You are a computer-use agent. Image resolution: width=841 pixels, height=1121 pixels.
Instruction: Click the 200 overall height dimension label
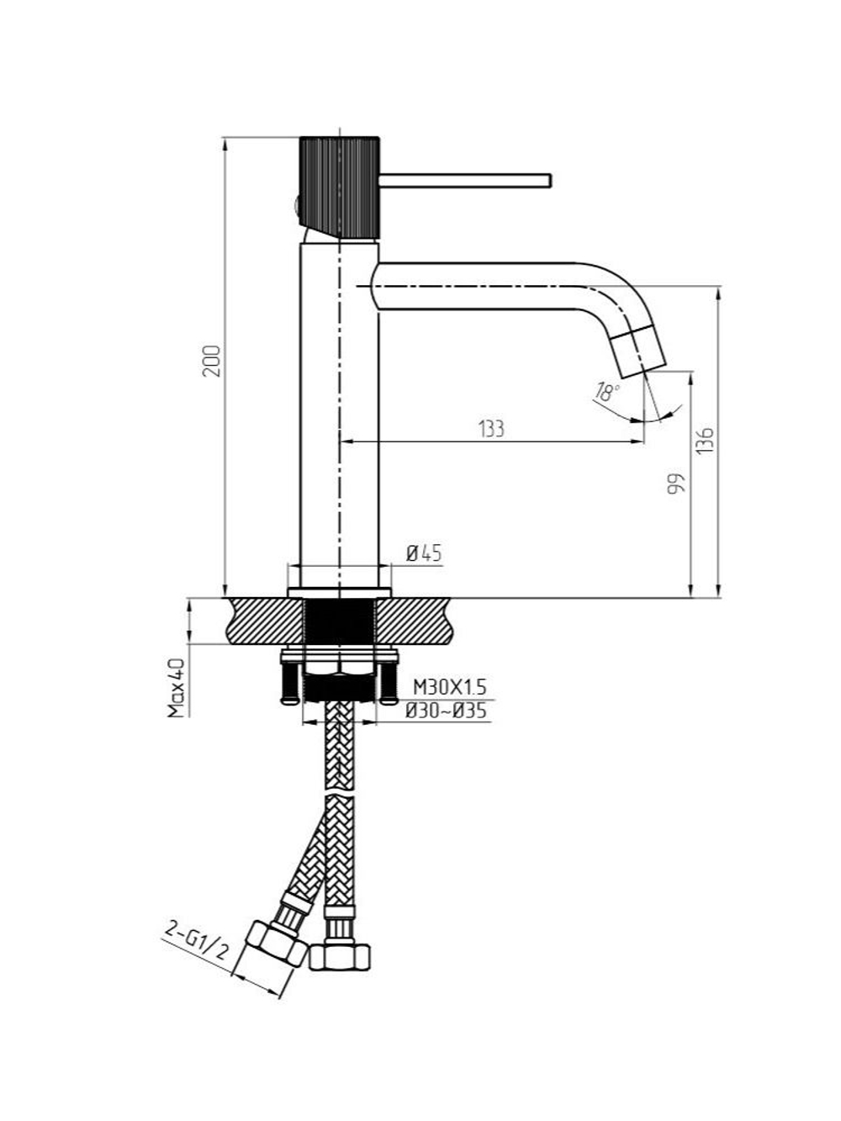pos(212,361)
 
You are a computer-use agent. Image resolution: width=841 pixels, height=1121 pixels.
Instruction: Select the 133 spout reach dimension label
pos(491,429)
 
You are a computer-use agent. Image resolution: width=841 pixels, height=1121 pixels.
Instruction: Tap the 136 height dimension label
pos(705,440)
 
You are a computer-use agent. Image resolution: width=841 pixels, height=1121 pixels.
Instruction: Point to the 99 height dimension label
pos(675,484)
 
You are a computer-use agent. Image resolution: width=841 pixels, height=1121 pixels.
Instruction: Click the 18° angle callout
pos(608,392)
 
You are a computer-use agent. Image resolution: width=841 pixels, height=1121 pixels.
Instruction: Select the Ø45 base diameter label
pos(423,553)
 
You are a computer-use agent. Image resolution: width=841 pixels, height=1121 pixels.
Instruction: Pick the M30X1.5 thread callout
pos(449,688)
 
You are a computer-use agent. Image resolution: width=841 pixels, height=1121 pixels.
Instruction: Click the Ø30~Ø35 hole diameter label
pos(446,711)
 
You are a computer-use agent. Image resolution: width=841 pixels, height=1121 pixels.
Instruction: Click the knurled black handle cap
pos(340,188)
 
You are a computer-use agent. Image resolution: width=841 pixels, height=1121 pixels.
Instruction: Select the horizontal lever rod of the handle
pos(465,181)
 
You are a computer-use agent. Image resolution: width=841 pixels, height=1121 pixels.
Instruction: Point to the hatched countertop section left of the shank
pos(267,621)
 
